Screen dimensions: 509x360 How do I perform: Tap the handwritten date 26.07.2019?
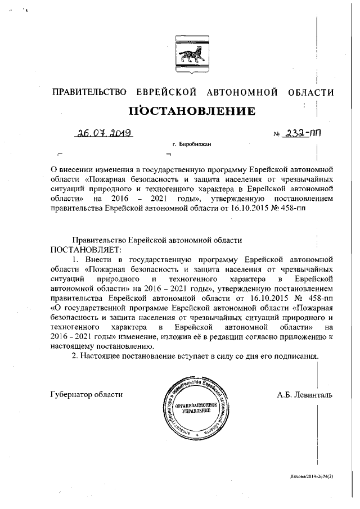(x=103, y=134)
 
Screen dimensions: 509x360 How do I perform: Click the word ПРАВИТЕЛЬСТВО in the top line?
(x=89, y=92)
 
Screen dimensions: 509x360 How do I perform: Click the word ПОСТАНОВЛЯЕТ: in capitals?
(x=85, y=249)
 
